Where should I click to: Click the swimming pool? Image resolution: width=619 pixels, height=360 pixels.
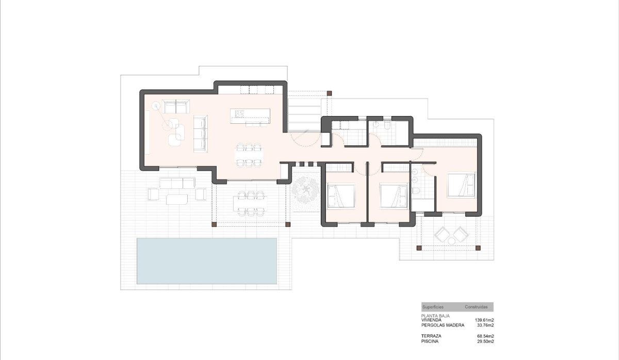pos(206,260)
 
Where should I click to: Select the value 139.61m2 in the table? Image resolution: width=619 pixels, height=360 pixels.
pos(484,320)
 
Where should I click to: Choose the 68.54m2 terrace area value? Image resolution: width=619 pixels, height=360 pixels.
pos(485,336)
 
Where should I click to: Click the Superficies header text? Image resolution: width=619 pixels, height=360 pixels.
pos(433,307)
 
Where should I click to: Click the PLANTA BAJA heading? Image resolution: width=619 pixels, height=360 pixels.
pos(436,315)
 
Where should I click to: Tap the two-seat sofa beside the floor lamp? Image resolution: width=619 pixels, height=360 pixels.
pos(175,107)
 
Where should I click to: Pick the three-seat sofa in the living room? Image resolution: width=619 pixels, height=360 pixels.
pos(200,134)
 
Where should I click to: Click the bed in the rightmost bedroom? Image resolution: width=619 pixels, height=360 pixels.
pos(461,185)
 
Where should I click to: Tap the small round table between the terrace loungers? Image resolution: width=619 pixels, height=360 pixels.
pos(451,240)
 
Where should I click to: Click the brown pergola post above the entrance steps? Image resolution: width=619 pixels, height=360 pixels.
pos(329,93)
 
